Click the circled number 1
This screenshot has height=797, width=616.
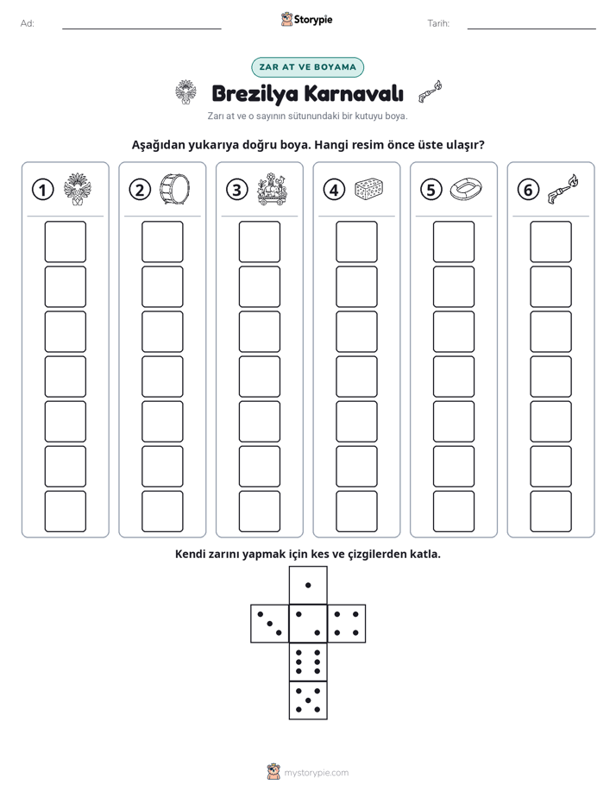pyautogui.click(x=42, y=190)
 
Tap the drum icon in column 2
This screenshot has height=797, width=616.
pyautogui.click(x=175, y=189)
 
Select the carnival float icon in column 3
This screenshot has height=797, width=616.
pyautogui.click(x=272, y=189)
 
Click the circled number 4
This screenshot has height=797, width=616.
pyautogui.click(x=334, y=190)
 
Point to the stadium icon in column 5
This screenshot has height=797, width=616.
pyautogui.click(x=466, y=189)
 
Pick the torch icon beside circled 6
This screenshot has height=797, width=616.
pyautogui.click(x=563, y=189)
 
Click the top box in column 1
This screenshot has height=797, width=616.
pyautogui.click(x=65, y=242)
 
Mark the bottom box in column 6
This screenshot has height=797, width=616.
pyautogui.click(x=551, y=511)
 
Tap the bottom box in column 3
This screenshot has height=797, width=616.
pyautogui.click(x=259, y=511)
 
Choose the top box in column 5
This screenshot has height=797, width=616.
pyautogui.click(x=454, y=242)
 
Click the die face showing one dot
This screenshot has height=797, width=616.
pyautogui.click(x=308, y=586)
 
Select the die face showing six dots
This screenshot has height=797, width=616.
pyautogui.click(x=308, y=662)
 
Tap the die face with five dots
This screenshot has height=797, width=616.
pyautogui.click(x=308, y=700)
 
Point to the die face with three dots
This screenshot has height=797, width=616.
pyautogui.click(x=270, y=624)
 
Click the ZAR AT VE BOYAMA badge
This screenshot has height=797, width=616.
pyautogui.click(x=307, y=67)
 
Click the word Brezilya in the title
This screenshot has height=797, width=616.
pyautogui.click(x=255, y=94)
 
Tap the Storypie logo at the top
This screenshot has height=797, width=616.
pyautogui.click(x=306, y=19)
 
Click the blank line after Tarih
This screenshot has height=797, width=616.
pyautogui.click(x=531, y=28)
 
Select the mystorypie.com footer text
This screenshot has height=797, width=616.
pyautogui.click(x=316, y=773)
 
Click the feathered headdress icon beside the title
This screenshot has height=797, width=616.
pyautogui.click(x=185, y=92)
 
